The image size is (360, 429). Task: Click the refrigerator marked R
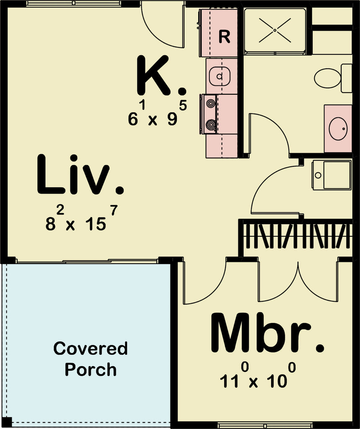219,34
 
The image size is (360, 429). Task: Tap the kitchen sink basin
219,76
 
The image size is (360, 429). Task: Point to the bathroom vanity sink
338,129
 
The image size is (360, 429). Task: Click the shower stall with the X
275,31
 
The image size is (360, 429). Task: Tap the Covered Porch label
90,359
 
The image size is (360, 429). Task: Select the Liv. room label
80,176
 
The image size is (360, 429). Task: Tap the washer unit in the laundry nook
332,175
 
